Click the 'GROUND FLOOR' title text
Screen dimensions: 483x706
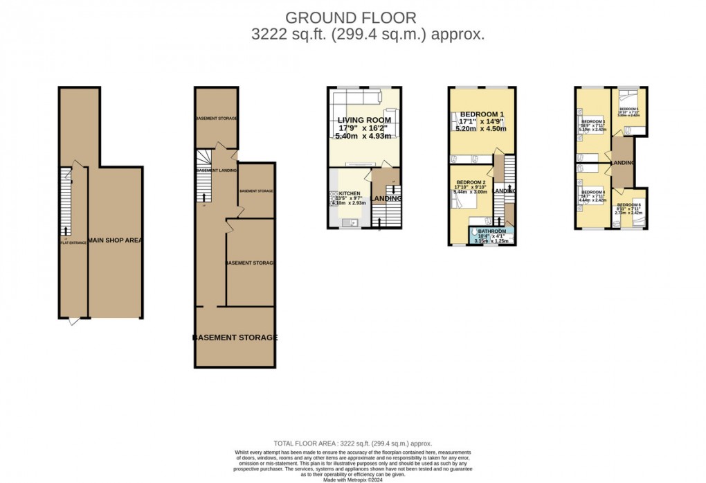click(352, 17)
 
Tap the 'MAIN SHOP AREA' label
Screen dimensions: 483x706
click(116, 240)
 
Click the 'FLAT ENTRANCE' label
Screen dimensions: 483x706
click(73, 243)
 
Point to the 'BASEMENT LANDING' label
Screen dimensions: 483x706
click(217, 170)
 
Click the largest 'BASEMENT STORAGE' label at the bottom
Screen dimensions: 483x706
click(235, 337)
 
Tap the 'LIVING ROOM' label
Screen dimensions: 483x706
click(364, 120)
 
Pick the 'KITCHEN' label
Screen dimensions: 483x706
click(350, 193)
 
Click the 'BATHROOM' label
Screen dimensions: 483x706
click(492, 231)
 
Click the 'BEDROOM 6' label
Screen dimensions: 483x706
click(629, 205)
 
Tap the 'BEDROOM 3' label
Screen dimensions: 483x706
click(593, 122)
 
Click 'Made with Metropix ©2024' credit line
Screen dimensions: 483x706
click(352, 479)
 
